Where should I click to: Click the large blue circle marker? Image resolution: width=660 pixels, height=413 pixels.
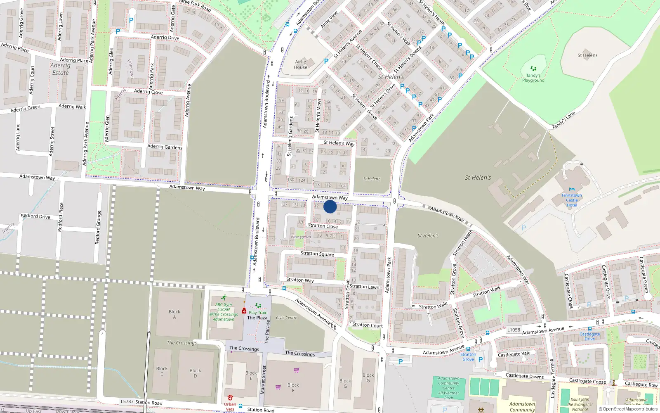(x=330, y=206)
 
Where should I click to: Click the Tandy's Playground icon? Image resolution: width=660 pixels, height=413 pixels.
(x=533, y=69)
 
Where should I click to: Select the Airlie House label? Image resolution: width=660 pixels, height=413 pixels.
(x=300, y=64)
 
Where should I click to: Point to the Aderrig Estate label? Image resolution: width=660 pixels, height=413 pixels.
(x=60, y=69)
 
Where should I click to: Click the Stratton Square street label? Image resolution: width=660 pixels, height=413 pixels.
(x=317, y=254)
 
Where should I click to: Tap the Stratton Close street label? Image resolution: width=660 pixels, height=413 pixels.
(x=323, y=226)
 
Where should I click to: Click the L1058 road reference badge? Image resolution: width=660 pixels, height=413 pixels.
(x=514, y=330)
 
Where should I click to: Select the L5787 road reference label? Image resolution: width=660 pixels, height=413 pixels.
(x=127, y=401)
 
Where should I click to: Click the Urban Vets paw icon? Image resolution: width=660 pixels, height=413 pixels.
(x=230, y=398)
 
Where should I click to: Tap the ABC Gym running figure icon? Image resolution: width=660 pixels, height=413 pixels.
(x=224, y=298)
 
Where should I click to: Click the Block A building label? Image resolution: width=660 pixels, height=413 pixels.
(x=174, y=314)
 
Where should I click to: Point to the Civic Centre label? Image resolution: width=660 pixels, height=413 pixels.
(x=286, y=318)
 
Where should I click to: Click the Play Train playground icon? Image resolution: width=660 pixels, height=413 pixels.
(x=258, y=306)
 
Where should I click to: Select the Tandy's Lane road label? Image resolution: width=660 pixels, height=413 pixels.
(x=563, y=121)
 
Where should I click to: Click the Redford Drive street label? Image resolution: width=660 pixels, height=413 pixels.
(x=35, y=216)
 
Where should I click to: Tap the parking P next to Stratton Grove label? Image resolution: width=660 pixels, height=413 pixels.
(x=480, y=360)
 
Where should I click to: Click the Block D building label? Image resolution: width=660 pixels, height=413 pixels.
(x=195, y=373)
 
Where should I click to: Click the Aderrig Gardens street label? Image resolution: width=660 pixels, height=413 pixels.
(x=165, y=147)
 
